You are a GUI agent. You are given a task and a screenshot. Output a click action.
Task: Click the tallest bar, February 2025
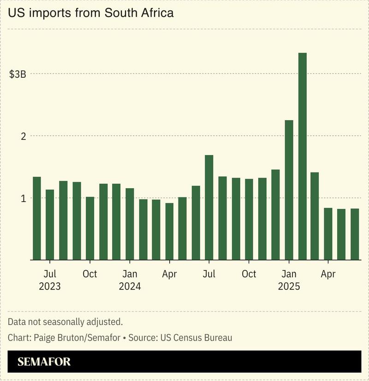[x=303, y=156]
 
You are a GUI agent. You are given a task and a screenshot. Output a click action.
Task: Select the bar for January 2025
[x=289, y=190]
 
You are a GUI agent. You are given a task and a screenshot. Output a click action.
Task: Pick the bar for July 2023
[x=50, y=225]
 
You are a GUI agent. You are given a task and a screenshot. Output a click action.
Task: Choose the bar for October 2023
[x=90, y=228]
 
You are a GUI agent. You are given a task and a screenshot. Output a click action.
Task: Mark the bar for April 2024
[x=169, y=231]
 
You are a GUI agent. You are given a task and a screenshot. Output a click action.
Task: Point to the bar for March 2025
[x=315, y=216]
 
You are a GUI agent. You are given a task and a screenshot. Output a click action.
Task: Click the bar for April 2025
[x=328, y=234]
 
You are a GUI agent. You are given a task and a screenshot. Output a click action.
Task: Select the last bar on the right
[x=355, y=234]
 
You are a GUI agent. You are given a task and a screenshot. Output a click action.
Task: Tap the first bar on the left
[x=37, y=218]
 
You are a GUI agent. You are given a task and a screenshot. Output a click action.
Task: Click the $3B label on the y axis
[x=18, y=74]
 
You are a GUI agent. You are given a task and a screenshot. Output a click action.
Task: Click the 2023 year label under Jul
[x=50, y=286]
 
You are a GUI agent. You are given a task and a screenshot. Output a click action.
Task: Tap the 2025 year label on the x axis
[x=289, y=286]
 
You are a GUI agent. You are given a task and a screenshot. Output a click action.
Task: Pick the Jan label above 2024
[x=130, y=274]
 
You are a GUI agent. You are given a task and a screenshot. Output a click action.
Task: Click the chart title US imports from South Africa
[x=91, y=13]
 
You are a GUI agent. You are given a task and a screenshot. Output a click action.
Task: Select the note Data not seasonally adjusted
[x=65, y=322]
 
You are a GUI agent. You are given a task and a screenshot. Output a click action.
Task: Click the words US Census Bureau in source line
[x=196, y=338]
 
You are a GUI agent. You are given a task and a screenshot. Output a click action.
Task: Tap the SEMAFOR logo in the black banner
[x=44, y=362]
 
